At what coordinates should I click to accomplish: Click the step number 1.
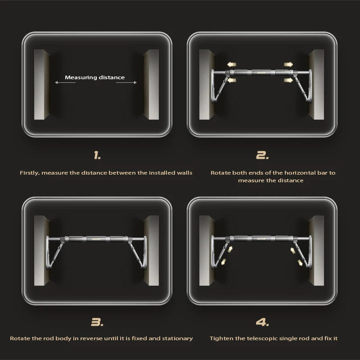pos(97,156)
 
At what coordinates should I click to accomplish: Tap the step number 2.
pos(262,156)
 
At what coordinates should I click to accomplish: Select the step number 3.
pos(97,322)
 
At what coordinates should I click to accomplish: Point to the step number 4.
pos(262,322)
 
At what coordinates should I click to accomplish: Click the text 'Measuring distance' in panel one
pos(94,77)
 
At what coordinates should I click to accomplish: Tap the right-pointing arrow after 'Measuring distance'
pos(130,83)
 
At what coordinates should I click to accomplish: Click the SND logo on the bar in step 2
pos(260,72)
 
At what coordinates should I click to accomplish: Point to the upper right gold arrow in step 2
pos(288,65)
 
